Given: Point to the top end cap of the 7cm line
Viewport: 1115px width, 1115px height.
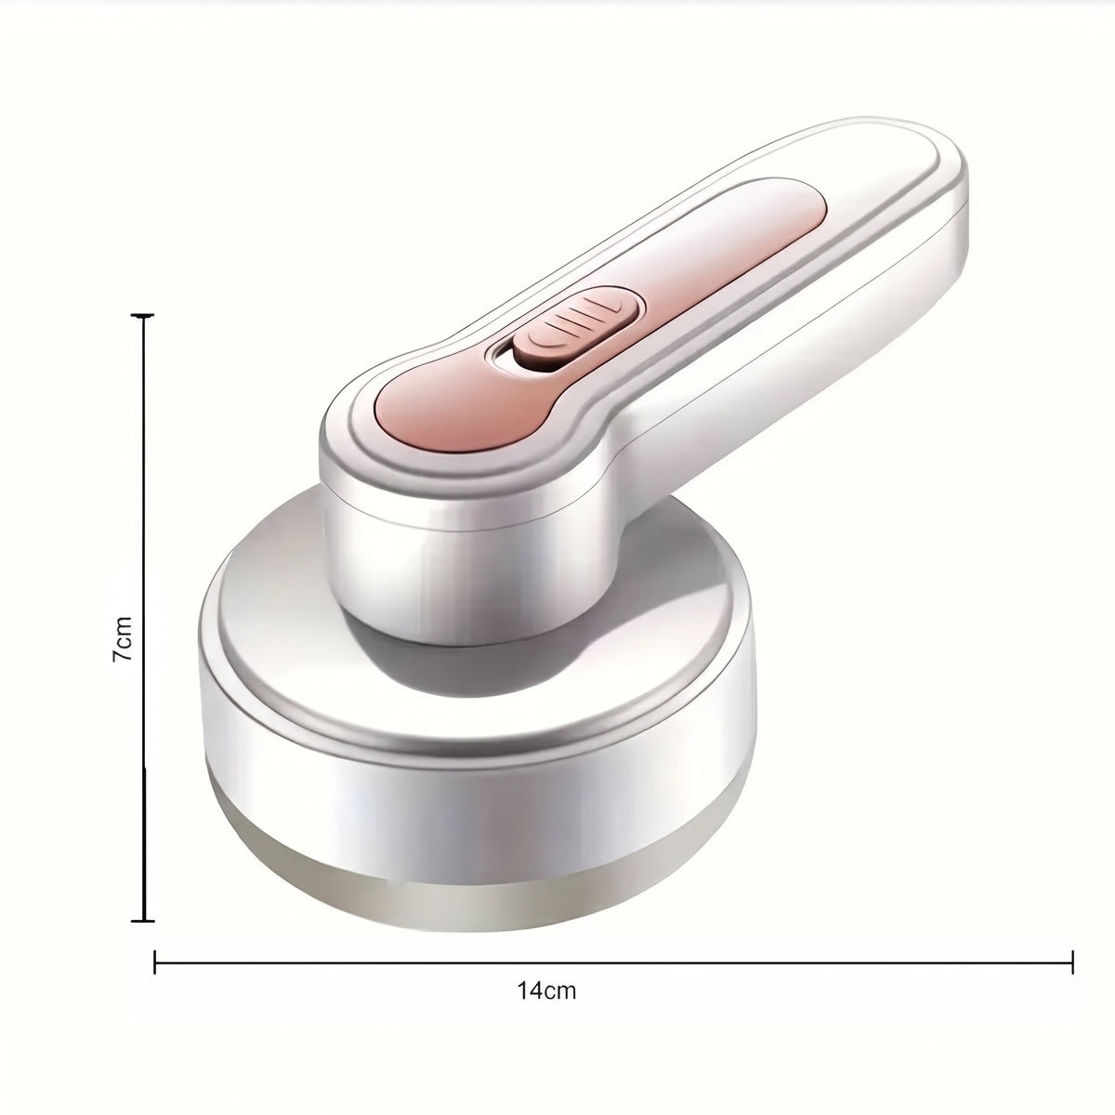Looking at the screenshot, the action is [143, 315].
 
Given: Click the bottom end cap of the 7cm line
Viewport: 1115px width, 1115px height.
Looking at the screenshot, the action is [143, 937].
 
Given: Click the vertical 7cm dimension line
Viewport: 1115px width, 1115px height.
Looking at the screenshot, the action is [143, 626].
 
